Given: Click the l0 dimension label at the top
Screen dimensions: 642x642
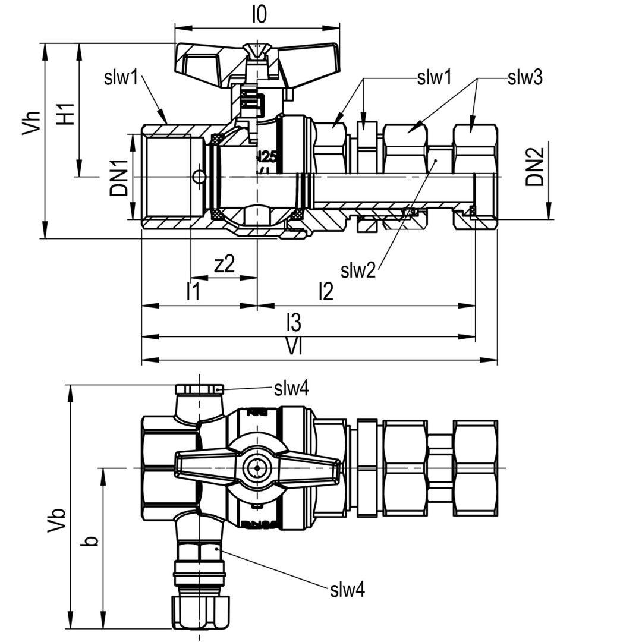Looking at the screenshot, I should click(x=259, y=15).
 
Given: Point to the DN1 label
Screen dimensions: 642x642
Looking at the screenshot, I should click(x=118, y=177).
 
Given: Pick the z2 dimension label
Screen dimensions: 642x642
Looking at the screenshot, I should click(x=224, y=265).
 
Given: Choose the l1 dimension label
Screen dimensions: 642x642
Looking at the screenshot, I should click(x=193, y=292).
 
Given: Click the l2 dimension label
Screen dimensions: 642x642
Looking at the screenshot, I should click(x=326, y=292).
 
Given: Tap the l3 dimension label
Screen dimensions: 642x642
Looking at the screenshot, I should click(x=294, y=323).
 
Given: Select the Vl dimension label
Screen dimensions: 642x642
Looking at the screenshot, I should click(x=294, y=347).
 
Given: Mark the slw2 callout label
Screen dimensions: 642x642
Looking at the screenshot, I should click(x=358, y=270).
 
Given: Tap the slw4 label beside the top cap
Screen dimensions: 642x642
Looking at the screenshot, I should click(x=291, y=389).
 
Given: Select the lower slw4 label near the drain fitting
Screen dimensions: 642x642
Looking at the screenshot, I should click(x=348, y=590).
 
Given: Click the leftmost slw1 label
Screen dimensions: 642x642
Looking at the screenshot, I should click(x=121, y=77).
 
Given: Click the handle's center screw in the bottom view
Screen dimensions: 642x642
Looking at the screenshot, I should click(x=257, y=468).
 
